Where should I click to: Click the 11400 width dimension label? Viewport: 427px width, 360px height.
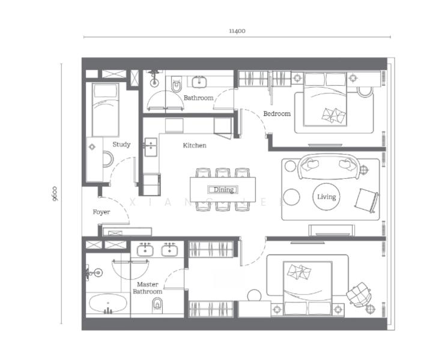(x=237, y=31)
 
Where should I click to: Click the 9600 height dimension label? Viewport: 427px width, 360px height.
(x=55, y=194)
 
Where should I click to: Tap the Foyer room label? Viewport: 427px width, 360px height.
(x=101, y=212)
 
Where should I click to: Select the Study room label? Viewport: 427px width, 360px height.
(x=121, y=144)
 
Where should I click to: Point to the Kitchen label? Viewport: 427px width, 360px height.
(x=195, y=145)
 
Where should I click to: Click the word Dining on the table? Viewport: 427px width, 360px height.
(x=223, y=190)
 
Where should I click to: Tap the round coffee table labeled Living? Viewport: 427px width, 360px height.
(x=327, y=197)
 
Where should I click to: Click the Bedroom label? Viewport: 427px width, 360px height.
(x=277, y=113)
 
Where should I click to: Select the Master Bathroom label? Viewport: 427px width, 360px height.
(x=147, y=288)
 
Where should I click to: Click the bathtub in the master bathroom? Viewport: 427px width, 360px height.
(x=108, y=303)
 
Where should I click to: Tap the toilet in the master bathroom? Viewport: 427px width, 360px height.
(x=157, y=304)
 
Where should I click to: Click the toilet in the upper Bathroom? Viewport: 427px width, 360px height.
(x=176, y=84)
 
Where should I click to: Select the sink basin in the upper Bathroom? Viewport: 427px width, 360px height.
(x=199, y=82)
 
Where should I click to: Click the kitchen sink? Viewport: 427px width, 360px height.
(x=151, y=147)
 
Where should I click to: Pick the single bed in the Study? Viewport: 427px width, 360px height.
(x=105, y=110)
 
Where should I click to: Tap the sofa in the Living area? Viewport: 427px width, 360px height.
(x=329, y=167)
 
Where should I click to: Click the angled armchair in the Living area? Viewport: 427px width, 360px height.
(x=366, y=201)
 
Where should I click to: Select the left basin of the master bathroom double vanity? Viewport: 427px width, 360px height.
(x=145, y=250)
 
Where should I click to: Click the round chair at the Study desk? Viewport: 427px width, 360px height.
(x=108, y=159)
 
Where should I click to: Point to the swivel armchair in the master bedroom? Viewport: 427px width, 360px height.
(x=358, y=294)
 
